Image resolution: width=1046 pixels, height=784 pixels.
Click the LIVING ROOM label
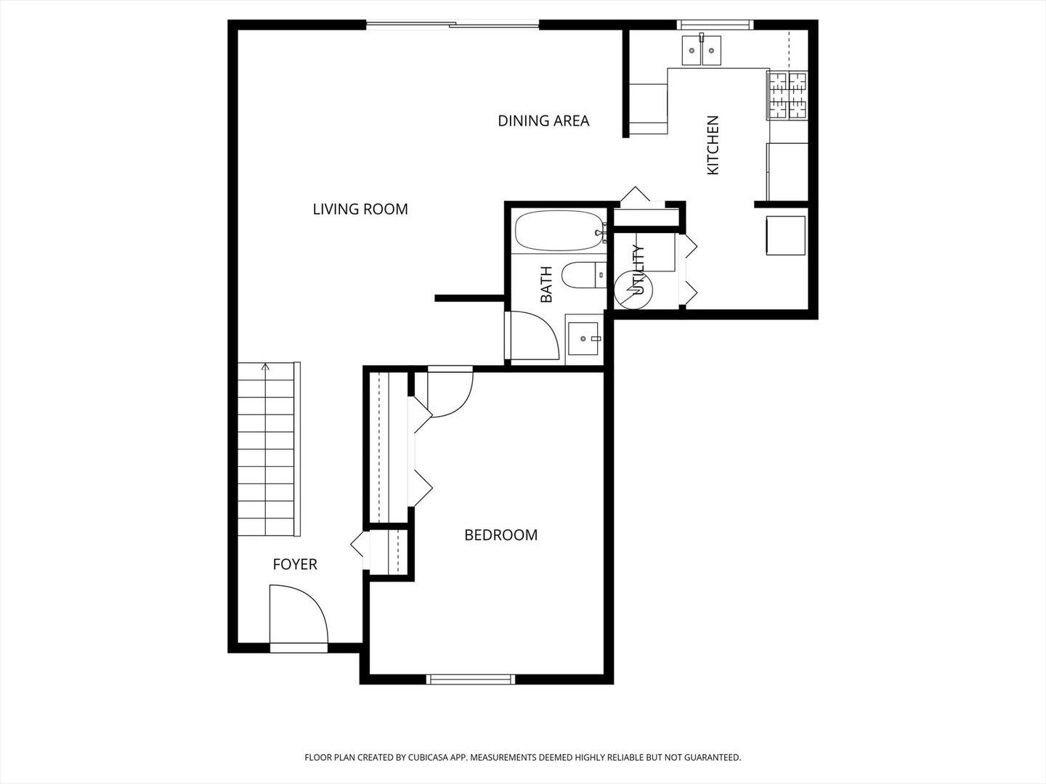point(360,209)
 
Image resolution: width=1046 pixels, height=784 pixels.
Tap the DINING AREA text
point(543,121)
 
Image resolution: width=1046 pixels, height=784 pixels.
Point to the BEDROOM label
point(500,535)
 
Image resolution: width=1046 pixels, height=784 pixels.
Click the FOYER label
point(295,564)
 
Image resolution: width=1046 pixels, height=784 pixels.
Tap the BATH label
point(546,285)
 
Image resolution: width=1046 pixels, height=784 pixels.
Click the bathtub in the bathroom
point(559,231)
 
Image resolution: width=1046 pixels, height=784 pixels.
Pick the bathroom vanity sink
point(583,338)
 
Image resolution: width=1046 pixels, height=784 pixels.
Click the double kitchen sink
point(701,50)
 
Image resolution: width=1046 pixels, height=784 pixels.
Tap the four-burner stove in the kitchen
point(788,95)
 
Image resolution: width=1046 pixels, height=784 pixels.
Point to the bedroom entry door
point(450,392)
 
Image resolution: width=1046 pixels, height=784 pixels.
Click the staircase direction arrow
point(266,368)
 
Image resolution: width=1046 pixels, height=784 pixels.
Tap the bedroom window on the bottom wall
point(471,679)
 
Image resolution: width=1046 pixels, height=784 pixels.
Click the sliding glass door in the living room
point(453,25)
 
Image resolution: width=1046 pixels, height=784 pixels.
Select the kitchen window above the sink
point(715,25)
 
